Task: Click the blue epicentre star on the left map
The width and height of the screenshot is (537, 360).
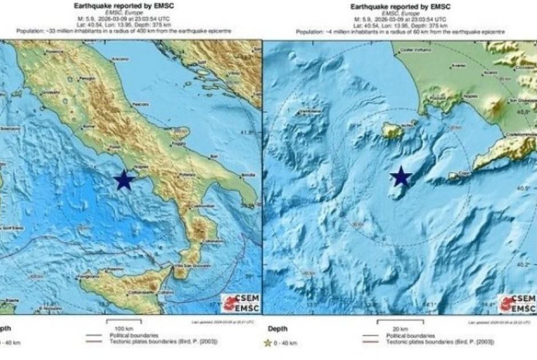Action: coord(124,180)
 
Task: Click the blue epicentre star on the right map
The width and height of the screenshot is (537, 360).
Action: coord(401,177)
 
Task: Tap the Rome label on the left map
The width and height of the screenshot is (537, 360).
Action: coord(88,126)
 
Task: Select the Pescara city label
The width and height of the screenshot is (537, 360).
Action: coord(137,104)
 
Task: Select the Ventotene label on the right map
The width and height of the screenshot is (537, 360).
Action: coord(308,111)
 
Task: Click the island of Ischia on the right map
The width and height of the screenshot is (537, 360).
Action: coord(392,132)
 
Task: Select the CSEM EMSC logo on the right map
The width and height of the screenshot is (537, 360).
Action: coord(516,303)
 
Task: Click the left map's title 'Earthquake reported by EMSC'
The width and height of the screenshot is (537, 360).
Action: coord(124,6)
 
